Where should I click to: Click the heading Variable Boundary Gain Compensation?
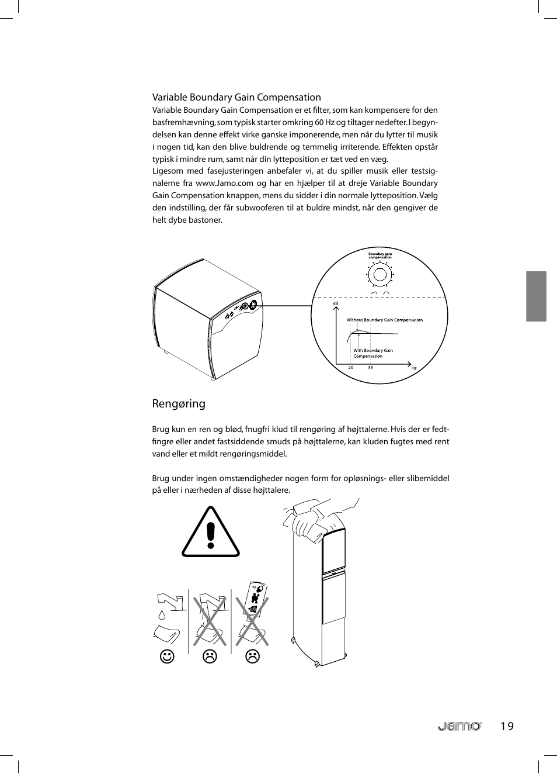(236, 97)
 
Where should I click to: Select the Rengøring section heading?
(179, 403)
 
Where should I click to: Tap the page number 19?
(507, 726)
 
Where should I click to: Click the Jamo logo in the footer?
(459, 726)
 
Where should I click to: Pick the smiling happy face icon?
(167, 656)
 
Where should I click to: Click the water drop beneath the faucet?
(162, 615)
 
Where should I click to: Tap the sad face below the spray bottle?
(252, 656)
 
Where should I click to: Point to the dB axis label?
(336, 303)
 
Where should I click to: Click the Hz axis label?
(414, 368)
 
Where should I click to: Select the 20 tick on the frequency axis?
(350, 368)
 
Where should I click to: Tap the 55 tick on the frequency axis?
(370, 368)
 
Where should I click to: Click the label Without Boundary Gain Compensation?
(385, 320)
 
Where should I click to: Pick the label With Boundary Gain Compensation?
(373, 353)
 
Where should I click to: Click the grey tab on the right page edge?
(536, 296)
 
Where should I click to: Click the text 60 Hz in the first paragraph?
(325, 122)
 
